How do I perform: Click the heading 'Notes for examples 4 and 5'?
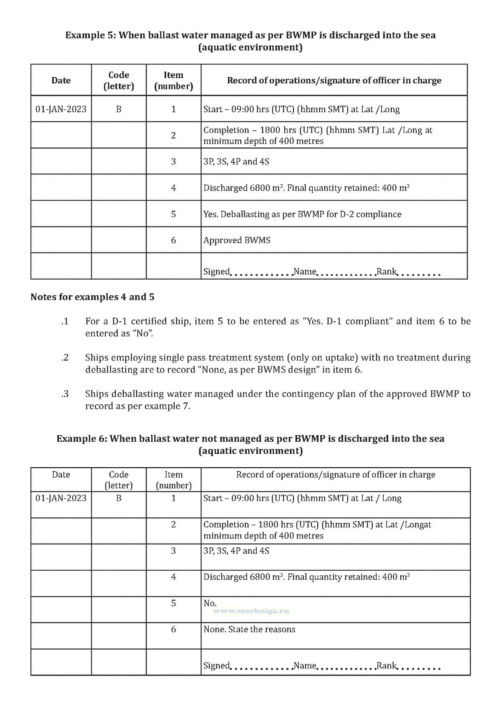tap(92, 297)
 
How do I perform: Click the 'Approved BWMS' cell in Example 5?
tap(237, 240)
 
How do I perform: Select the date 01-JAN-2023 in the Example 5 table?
tap(61, 109)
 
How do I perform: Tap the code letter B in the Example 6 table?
tap(119, 498)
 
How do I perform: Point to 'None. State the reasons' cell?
tap(249, 629)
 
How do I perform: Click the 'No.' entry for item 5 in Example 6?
tap(210, 603)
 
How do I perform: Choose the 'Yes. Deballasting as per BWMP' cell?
tap(302, 214)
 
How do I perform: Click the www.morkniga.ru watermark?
tap(251, 611)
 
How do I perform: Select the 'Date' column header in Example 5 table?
tap(61, 81)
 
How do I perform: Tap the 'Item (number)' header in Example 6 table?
tap(173, 480)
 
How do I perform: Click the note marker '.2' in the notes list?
tap(65, 358)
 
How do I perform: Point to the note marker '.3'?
tap(65, 394)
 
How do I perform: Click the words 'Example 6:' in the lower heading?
tap(81, 439)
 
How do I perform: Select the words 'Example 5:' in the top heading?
tap(90, 35)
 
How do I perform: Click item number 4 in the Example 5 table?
tap(173, 188)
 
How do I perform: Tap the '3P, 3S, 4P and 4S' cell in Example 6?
tap(236, 551)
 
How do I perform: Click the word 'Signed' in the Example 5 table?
tap(217, 272)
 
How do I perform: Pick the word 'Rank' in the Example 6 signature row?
tap(386, 665)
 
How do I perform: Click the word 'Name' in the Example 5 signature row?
tap(305, 272)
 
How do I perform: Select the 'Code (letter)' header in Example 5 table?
tap(119, 81)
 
